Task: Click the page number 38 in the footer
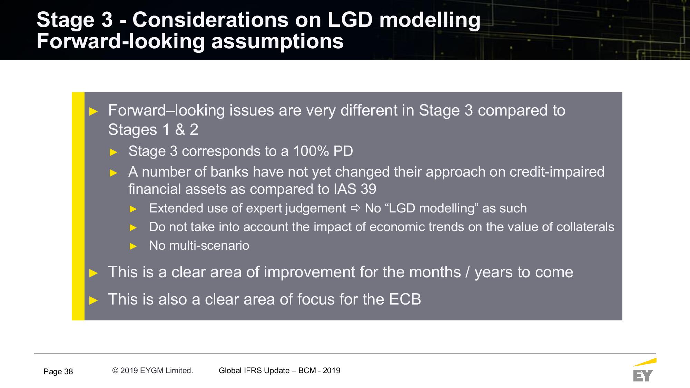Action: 68,371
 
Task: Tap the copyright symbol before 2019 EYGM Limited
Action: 115,370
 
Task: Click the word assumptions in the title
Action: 277,42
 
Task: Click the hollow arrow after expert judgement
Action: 355,208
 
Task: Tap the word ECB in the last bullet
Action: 405,299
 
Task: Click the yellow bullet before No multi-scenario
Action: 133,246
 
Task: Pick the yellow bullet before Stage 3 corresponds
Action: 114,152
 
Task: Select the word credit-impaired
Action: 557,172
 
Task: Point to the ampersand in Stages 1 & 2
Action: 180,130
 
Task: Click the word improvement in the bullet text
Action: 309,272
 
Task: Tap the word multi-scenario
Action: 209,246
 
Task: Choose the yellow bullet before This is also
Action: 93,300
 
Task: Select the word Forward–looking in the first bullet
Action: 166,111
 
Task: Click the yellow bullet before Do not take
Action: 133,227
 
